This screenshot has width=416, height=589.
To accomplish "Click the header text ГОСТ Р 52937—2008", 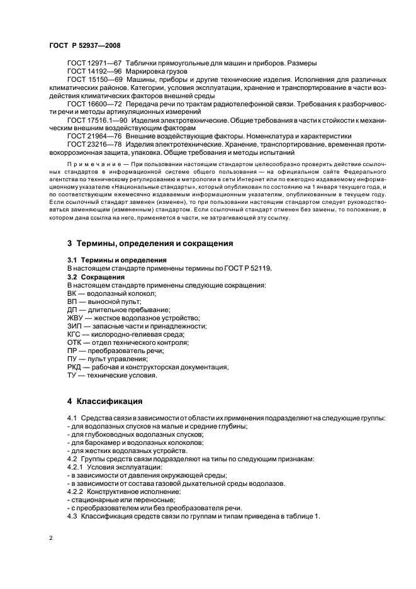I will [84, 45].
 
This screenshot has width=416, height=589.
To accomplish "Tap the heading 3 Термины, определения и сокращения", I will [150, 243].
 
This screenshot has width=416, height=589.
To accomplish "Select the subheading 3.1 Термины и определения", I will [116, 260].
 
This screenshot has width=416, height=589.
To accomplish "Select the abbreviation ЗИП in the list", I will [74, 327].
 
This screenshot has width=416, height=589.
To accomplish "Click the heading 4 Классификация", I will [106, 401].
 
